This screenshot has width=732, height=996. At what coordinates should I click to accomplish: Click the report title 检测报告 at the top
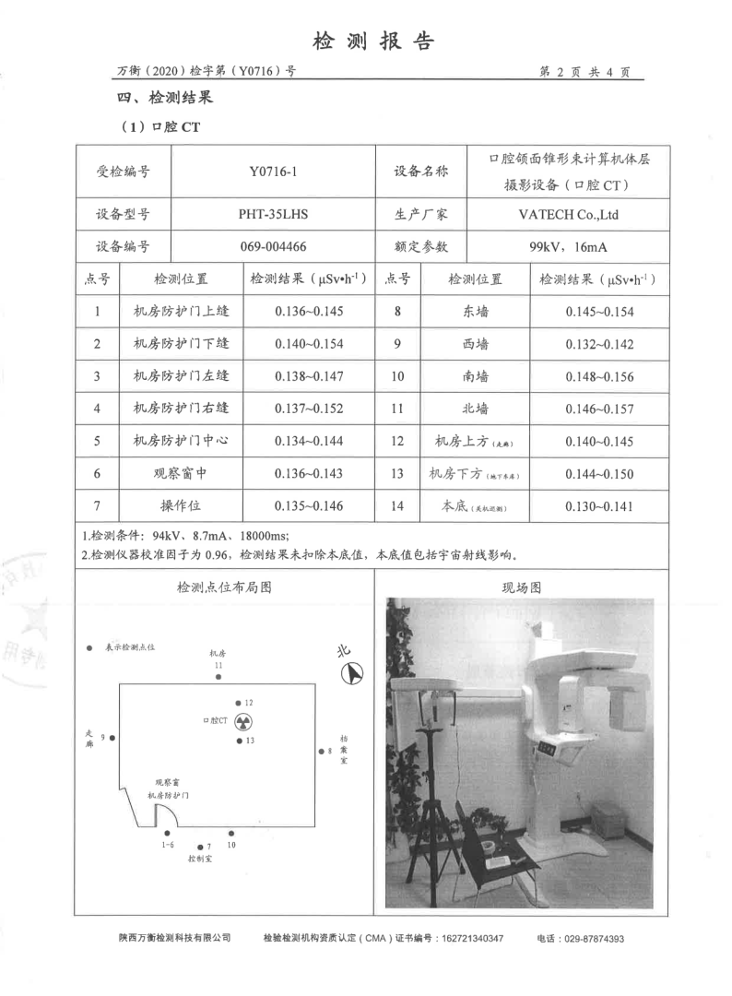pyautogui.click(x=373, y=41)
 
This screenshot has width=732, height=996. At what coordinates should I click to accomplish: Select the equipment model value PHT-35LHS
pyautogui.click(x=272, y=215)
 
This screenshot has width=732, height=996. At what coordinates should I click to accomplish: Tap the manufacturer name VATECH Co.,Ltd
pyautogui.click(x=567, y=215)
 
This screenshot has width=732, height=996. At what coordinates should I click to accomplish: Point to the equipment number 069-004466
pyautogui.click(x=272, y=246)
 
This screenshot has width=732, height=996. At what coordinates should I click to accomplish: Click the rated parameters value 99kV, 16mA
pyautogui.click(x=567, y=246)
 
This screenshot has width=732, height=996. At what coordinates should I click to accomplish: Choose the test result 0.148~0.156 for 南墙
pyautogui.click(x=599, y=376)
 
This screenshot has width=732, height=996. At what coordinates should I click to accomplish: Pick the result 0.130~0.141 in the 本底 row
pyautogui.click(x=599, y=505)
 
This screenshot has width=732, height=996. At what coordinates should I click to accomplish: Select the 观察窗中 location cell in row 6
pyautogui.click(x=181, y=473)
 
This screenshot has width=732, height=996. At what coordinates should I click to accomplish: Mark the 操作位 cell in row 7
pyautogui.click(x=181, y=505)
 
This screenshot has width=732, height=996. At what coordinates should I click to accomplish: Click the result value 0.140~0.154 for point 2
pyautogui.click(x=309, y=344)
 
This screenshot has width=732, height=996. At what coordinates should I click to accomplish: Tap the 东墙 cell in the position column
pyautogui.click(x=476, y=312)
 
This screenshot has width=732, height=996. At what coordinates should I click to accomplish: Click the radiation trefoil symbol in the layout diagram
pyautogui.click(x=243, y=720)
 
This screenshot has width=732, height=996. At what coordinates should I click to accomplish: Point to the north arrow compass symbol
pyautogui.click(x=353, y=673)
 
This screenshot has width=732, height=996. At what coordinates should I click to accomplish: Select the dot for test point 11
pyautogui.click(x=218, y=678)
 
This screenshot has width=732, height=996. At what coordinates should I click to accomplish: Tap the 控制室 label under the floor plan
pyautogui.click(x=200, y=859)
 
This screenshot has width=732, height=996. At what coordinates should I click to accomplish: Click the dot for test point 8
pyautogui.click(x=320, y=751)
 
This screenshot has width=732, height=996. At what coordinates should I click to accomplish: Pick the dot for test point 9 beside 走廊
pyautogui.click(x=112, y=737)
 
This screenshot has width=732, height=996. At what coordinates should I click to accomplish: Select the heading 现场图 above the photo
pyautogui.click(x=521, y=587)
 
